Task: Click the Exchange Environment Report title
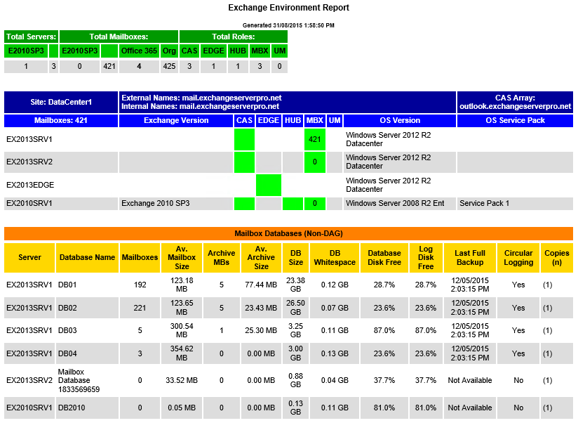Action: [288, 8]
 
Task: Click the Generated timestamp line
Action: [288, 25]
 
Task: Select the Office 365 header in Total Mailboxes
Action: [140, 51]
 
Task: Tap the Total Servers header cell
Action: [30, 37]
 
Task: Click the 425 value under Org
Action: [168, 67]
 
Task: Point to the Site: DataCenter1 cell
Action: [61, 102]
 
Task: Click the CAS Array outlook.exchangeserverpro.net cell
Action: [515, 102]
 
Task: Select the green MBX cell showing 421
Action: [315, 139]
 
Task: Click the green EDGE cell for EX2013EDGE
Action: [269, 185]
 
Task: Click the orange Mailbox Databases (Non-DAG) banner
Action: [288, 233]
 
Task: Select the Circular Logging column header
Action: [518, 258]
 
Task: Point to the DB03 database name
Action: [67, 330]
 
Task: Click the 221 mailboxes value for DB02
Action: [140, 308]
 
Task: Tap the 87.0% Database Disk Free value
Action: [384, 330]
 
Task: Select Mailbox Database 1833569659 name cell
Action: [79, 380]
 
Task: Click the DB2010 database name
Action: [72, 408]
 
